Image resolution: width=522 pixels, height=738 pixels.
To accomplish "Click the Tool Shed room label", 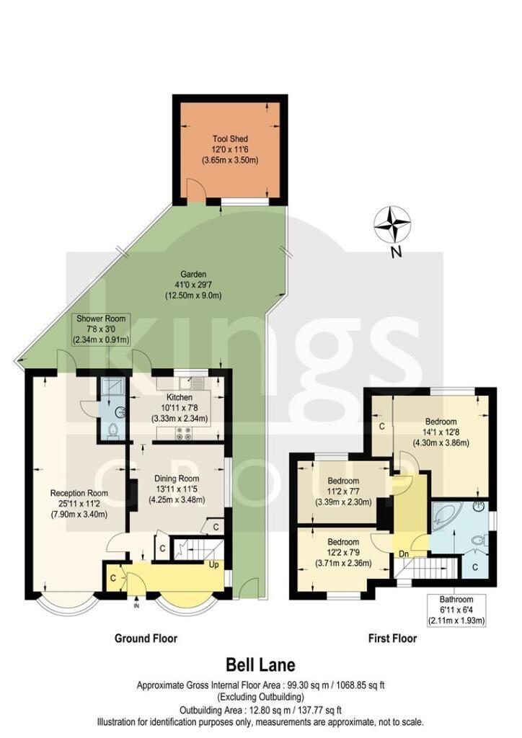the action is click(230, 150).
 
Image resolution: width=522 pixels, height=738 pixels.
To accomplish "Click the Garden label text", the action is click(193, 285).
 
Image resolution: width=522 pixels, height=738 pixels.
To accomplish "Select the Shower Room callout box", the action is click(101, 329).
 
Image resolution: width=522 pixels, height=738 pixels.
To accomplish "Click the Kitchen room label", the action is click(180, 408).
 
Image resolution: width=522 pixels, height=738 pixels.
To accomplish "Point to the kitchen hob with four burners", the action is click(183, 433).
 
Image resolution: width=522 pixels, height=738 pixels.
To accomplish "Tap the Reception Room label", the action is click(79, 504).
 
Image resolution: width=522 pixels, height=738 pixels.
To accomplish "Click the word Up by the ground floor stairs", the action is click(214, 564).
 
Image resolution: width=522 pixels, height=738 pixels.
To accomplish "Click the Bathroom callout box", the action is click(456, 610).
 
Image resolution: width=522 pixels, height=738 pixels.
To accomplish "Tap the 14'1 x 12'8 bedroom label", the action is click(441, 432).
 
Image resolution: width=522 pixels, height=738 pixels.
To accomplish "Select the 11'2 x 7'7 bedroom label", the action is click(343, 492).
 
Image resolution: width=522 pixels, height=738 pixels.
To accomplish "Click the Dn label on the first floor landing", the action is click(404, 554).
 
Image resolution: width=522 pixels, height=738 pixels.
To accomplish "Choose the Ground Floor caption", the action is click(146, 639).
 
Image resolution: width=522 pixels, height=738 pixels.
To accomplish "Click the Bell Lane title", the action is click(261, 664).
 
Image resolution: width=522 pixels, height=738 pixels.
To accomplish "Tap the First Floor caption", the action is click(392, 639).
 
